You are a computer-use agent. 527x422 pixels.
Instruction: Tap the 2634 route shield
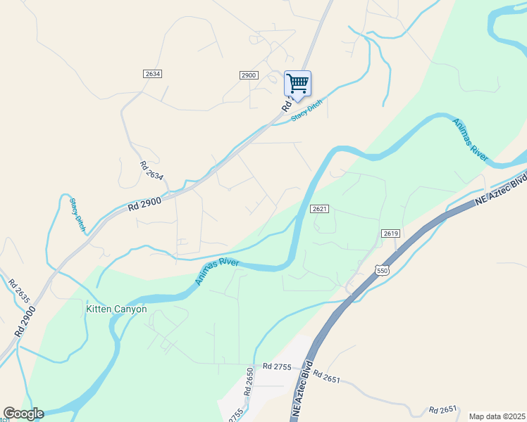tap(152, 74)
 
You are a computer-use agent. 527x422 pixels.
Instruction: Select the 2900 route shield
tap(249, 75)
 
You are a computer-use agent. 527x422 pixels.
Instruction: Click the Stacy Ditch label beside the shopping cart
tap(306, 111)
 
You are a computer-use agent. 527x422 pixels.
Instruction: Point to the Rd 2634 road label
tap(151, 171)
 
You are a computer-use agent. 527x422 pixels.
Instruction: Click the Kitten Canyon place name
tap(116, 309)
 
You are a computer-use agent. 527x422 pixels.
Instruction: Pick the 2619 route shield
tap(392, 233)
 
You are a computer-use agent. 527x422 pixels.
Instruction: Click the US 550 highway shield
tap(382, 271)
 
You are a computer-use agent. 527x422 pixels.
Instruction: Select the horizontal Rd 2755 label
tap(277, 366)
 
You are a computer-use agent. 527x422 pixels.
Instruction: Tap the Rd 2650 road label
tap(249, 381)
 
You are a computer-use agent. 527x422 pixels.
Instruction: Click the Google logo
tap(23, 414)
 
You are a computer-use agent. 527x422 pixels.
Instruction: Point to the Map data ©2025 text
tap(496, 416)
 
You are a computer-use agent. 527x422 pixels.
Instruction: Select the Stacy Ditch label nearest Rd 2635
tap(76, 213)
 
